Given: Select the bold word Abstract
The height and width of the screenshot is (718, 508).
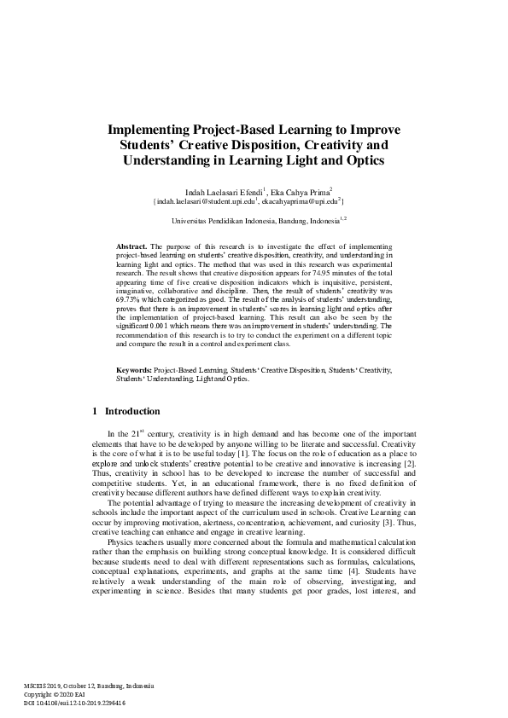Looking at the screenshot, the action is pos(131,246).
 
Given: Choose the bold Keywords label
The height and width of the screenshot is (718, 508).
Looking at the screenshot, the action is pos(135,370).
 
